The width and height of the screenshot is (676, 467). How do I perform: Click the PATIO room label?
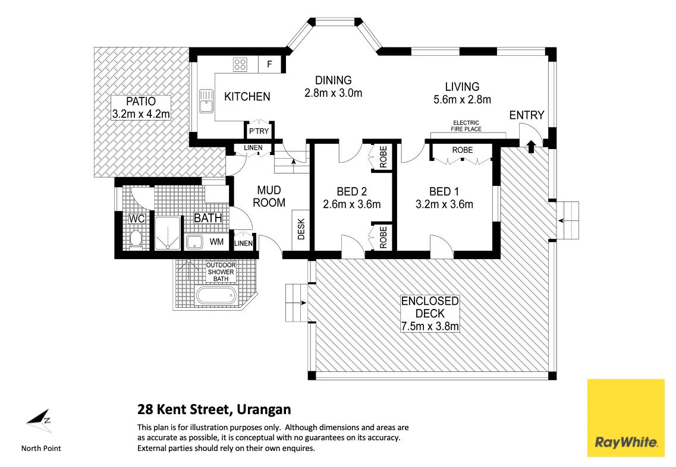pos(141,102)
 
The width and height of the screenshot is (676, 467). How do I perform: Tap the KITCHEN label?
pos(247,96)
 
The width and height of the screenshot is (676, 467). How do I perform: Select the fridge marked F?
pos(269,64)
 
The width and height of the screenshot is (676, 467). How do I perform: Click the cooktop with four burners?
pos(240,64)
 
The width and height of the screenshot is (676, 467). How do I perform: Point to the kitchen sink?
pos(206,100)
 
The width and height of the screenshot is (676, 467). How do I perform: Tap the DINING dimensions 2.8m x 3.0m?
pos(333,93)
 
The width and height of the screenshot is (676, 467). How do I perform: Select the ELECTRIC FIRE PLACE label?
pos(466,126)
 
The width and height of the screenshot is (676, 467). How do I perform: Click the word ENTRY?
pos(527,115)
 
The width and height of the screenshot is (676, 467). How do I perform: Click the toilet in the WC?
pos(135,239)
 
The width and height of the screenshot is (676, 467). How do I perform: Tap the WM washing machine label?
pos(216,242)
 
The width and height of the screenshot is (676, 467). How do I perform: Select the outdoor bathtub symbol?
pos(215,295)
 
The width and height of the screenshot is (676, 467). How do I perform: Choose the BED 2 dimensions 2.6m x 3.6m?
pos(351,204)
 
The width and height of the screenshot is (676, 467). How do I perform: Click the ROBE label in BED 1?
pos(463,150)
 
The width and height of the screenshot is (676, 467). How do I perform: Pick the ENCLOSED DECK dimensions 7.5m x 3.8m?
pos(430,326)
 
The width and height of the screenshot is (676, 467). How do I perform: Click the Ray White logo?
pos(625,418)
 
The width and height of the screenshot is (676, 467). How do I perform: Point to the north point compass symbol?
pos(40,419)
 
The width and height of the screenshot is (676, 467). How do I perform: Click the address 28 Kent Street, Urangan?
pos(214,409)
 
